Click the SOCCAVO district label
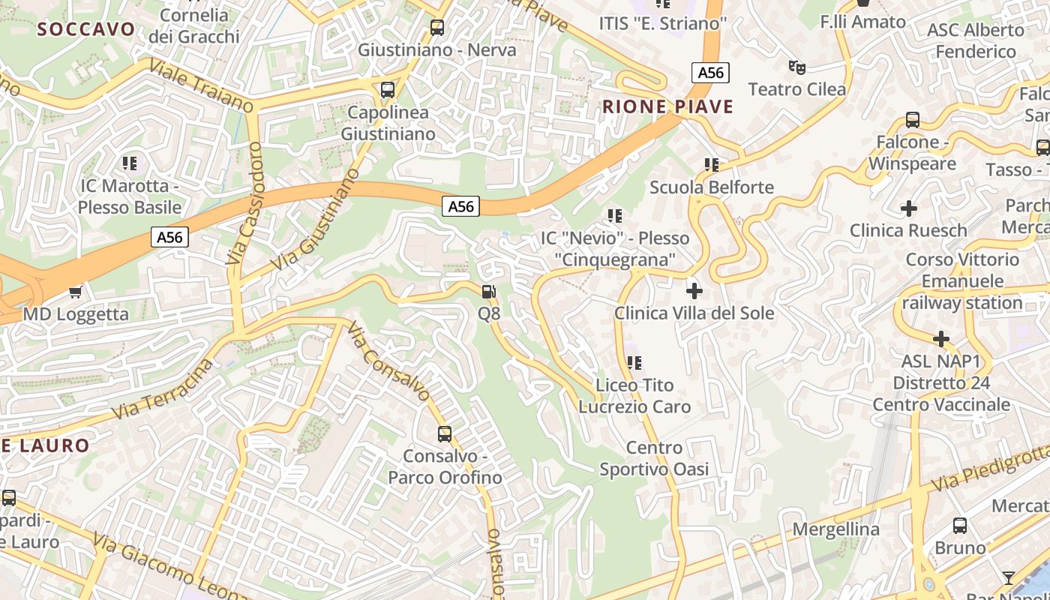pyautogui.click(x=86, y=29)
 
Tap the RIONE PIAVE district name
pyautogui.click(x=667, y=106)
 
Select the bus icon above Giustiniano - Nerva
pyautogui.click(x=437, y=28)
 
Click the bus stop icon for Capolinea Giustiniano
pyautogui.click(x=388, y=90)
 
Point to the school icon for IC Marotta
pyautogui.click(x=130, y=163)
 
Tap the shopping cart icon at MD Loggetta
pyautogui.click(x=75, y=291)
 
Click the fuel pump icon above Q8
pyautogui.click(x=488, y=291)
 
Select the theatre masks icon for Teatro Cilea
pyautogui.click(x=796, y=67)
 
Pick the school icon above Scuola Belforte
pyautogui.click(x=711, y=164)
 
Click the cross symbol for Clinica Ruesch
pyautogui.click(x=909, y=208)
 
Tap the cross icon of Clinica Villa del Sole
pyautogui.click(x=694, y=290)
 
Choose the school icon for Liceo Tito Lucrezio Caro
pyautogui.click(x=634, y=363)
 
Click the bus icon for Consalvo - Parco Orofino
pyautogui.click(x=445, y=433)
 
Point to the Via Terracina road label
pyautogui.click(x=162, y=389)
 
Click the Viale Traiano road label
pyautogui.click(x=202, y=85)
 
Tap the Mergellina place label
pyautogui.click(x=835, y=529)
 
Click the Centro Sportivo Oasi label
pyautogui.click(x=654, y=459)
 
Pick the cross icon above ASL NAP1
pyautogui.click(x=941, y=339)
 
